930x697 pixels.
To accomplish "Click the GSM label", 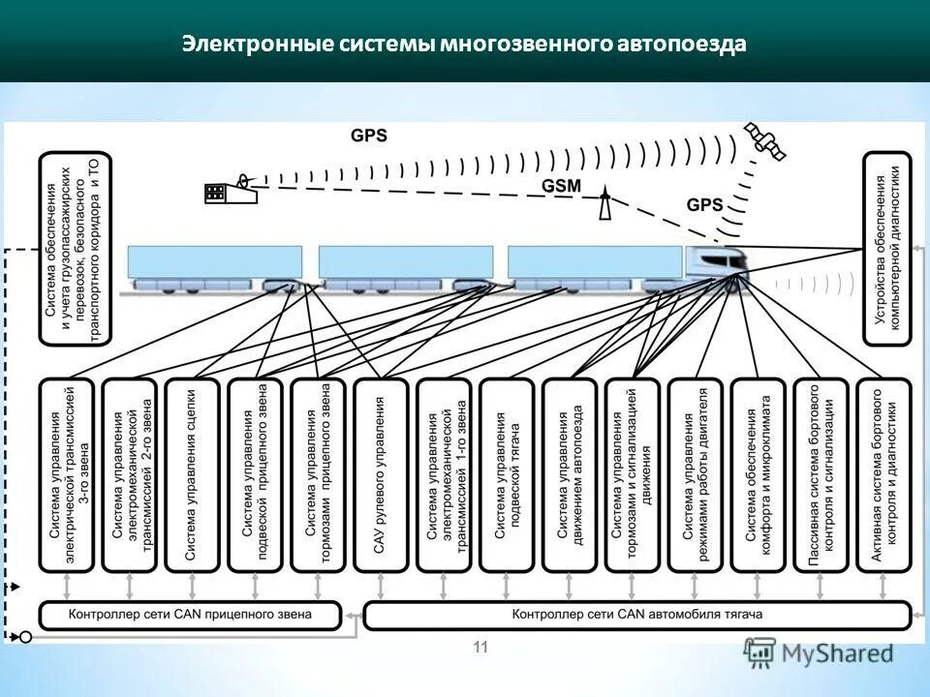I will pos(563,187).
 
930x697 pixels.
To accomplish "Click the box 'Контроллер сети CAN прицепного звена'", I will pos(191,614).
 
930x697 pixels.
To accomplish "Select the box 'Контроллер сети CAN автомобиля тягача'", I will pos(636,614).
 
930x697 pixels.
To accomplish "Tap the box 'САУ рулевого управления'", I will pos(381,474).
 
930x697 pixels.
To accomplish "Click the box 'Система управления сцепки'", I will pos(192,474).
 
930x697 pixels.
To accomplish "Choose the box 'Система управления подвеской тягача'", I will pos(507,474).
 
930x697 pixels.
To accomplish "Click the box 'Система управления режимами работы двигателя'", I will pos(696,474).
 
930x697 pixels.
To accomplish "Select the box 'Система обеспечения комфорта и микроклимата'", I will pos(759,474).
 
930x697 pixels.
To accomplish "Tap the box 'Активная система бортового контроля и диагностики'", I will pos(884,474).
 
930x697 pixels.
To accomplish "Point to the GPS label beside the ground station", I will pos(368,136).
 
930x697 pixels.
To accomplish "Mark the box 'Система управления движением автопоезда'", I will pos(570,474).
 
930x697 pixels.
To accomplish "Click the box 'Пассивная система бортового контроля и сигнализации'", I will pos(821,474).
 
